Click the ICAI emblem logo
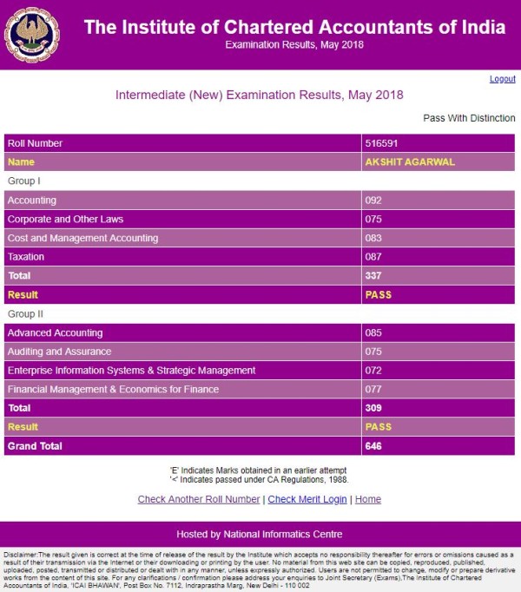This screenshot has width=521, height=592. (32, 34)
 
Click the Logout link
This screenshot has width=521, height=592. (502, 79)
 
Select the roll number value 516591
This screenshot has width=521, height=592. (382, 143)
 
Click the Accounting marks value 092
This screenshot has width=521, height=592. (374, 201)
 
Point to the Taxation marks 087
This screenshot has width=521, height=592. (374, 257)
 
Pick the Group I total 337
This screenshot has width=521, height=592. (374, 276)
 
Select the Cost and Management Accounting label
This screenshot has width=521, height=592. (82, 238)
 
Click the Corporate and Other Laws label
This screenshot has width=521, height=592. (65, 220)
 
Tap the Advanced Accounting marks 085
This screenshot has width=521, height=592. (374, 333)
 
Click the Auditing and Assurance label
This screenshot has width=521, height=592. (59, 352)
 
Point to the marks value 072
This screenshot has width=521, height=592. (374, 371)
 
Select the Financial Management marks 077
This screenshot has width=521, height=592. (374, 390)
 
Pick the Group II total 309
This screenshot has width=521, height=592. (374, 408)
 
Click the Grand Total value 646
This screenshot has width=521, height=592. (374, 446)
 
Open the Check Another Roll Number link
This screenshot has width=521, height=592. (199, 499)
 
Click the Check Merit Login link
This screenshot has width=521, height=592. (307, 499)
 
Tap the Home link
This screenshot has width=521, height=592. (368, 499)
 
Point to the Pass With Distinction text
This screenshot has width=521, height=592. (469, 118)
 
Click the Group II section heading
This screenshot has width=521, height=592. (25, 313)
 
